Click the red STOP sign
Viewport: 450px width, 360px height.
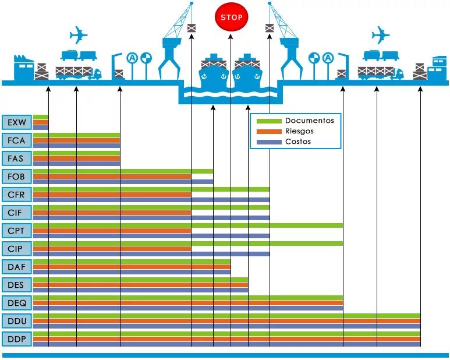[x=232, y=17]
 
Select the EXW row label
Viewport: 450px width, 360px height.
[x=16, y=122]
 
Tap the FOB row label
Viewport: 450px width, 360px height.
[x=16, y=177]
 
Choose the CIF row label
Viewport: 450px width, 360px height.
[x=16, y=213]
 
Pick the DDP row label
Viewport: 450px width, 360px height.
[x=16, y=339]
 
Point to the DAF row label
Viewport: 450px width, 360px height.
[x=16, y=267]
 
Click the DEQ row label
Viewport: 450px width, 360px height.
[x=16, y=303]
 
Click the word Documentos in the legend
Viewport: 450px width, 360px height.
[x=309, y=121]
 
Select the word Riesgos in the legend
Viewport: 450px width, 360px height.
[x=299, y=131]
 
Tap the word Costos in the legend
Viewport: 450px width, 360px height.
[x=297, y=142]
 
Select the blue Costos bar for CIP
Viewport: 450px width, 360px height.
[x=151, y=254]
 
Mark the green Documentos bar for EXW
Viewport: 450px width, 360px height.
[x=41, y=117]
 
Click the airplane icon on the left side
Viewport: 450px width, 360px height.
[x=78, y=35]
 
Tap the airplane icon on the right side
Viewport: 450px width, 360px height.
[x=380, y=35]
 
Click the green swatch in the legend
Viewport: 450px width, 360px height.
[x=268, y=121]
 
